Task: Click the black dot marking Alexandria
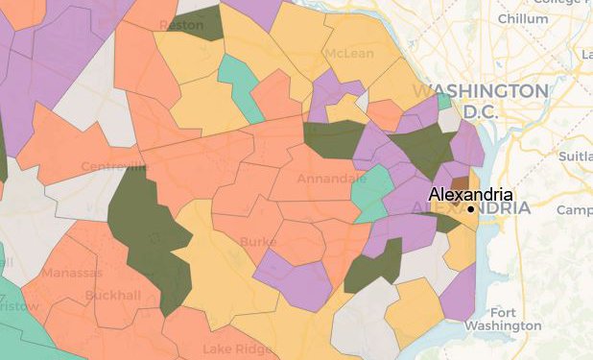coord(471,208)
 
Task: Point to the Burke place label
coord(258,242)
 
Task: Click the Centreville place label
coord(115,168)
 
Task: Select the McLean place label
coord(349,53)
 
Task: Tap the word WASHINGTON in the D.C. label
coord(480,90)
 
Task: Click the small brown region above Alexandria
coord(461,182)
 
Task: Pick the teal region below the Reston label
coord(240,84)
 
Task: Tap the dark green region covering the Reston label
coord(200,23)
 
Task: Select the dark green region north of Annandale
coord(334,140)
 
